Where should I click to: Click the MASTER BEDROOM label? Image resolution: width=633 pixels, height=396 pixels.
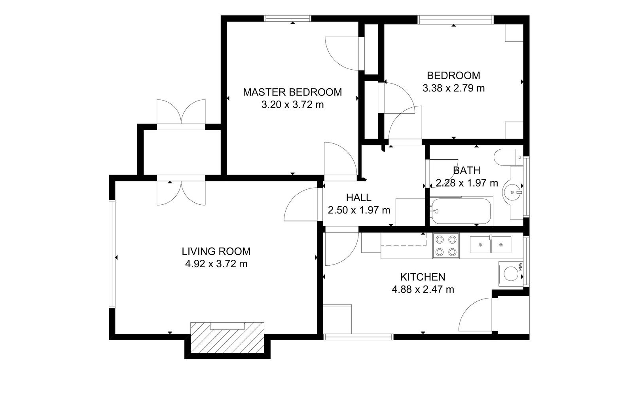pyautogui.click(x=292, y=92)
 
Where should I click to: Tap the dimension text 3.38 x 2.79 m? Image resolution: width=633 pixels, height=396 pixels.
pyautogui.click(x=453, y=88)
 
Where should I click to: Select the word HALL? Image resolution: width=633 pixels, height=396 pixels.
pyautogui.click(x=358, y=198)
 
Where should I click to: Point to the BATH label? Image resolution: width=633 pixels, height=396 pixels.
pyautogui.click(x=466, y=170)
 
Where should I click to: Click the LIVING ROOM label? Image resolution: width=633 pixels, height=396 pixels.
pyautogui.click(x=216, y=251)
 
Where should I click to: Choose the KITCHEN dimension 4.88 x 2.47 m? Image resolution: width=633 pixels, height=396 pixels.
pyautogui.click(x=423, y=289)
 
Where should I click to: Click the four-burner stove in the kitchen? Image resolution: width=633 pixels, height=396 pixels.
pyautogui.click(x=446, y=246)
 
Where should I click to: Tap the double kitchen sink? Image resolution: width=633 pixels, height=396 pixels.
pyautogui.click(x=490, y=244)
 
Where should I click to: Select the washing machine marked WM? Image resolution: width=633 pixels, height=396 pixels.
pyautogui.click(x=511, y=274)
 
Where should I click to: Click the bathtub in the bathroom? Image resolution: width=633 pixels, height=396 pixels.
pyautogui.click(x=461, y=211)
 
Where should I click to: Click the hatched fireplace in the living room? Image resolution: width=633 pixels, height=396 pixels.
pyautogui.click(x=227, y=337)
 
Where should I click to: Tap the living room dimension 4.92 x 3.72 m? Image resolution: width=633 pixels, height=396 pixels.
pyautogui.click(x=216, y=264)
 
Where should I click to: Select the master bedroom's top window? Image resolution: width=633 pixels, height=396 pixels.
pyautogui.click(x=288, y=18)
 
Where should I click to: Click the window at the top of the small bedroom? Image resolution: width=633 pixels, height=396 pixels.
pyautogui.click(x=455, y=19)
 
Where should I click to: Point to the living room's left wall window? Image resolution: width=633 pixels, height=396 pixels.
pyautogui.click(x=112, y=254)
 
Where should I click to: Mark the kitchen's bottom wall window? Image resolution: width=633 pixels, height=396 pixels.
pyautogui.click(x=358, y=337)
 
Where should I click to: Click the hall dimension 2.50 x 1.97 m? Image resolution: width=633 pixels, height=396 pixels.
pyautogui.click(x=359, y=210)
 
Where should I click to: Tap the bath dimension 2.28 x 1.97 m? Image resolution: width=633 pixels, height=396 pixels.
pyautogui.click(x=467, y=183)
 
